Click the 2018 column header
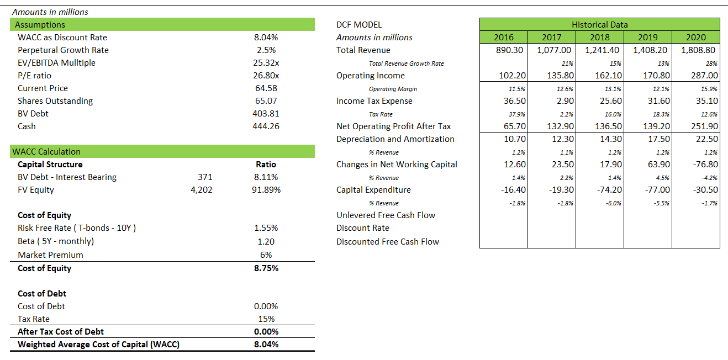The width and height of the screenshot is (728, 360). tap(599, 38)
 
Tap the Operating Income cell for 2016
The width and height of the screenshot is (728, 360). tap(512, 76)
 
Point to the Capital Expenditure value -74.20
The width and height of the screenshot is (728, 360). tap(609, 190)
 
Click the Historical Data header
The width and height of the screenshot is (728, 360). tap(599, 24)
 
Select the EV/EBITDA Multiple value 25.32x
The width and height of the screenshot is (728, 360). tap(266, 63)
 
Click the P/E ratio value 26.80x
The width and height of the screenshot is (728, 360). tap(266, 76)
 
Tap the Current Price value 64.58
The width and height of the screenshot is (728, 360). tap(266, 88)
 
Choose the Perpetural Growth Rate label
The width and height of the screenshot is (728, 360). tap(63, 50)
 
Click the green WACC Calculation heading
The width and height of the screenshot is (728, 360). tap(48, 152)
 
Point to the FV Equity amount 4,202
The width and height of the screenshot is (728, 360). tap(202, 190)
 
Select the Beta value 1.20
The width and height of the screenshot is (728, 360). tap(266, 241)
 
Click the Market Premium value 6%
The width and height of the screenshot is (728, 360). tap(266, 255)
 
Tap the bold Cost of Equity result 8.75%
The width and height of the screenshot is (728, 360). tap(266, 268)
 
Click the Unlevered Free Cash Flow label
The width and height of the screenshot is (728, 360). tap(386, 215)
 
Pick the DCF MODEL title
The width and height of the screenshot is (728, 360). tap(359, 24)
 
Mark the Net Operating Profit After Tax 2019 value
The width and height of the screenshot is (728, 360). tap(657, 126)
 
